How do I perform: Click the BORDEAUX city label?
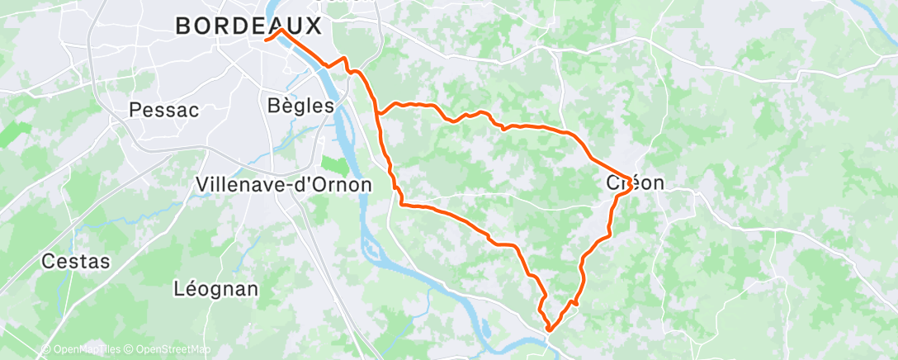point(248,26)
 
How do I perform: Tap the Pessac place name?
point(164,110)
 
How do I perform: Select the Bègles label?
point(301,106)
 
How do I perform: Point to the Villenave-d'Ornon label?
point(284,184)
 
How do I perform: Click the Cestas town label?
point(76,262)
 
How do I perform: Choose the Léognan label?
point(216,289)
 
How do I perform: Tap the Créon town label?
point(636,183)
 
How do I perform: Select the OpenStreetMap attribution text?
point(173,350)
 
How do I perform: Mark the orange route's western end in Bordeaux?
point(265,39)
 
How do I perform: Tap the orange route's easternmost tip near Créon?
point(632,185)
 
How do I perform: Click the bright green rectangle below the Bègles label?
point(334,165)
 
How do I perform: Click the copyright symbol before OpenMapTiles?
point(46,350)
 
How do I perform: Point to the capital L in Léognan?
point(179,289)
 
